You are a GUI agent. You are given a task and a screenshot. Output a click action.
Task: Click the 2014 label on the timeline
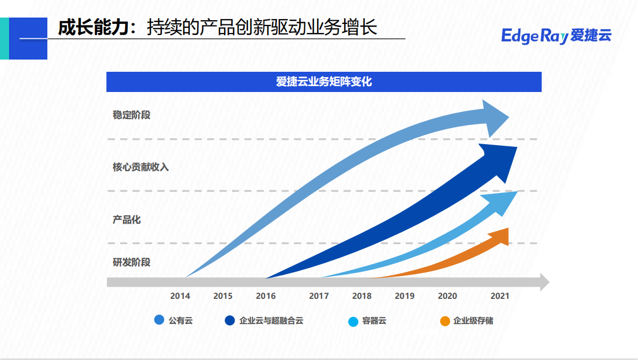pyautogui.click(x=180, y=296)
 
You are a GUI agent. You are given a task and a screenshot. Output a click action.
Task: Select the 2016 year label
pyautogui.click(x=266, y=296)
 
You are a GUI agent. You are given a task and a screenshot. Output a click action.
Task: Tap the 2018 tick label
pyautogui.click(x=362, y=296)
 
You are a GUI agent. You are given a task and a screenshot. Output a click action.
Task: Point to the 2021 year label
pyautogui.click(x=500, y=296)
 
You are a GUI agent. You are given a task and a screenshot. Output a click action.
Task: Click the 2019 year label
pyautogui.click(x=404, y=296)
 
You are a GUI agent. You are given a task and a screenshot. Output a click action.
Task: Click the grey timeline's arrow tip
pyautogui.click(x=544, y=282)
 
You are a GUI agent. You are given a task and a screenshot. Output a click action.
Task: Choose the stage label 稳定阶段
pyautogui.click(x=131, y=115)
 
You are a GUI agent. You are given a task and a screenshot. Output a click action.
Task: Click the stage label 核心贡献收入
pyautogui.click(x=140, y=167)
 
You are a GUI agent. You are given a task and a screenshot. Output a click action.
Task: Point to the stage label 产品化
pyautogui.click(x=127, y=220)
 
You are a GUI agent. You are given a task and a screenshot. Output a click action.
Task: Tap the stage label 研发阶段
pyautogui.click(x=131, y=262)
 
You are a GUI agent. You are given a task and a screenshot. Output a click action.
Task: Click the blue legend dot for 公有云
pyautogui.click(x=159, y=321)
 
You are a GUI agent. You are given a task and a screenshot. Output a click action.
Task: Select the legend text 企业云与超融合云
pyautogui.click(x=271, y=321)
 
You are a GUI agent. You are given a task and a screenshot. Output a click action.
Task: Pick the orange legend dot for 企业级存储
pyautogui.click(x=445, y=321)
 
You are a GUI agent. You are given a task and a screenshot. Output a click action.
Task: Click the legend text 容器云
pyautogui.click(x=374, y=321)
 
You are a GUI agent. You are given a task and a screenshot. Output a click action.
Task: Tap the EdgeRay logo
pyautogui.click(x=556, y=36)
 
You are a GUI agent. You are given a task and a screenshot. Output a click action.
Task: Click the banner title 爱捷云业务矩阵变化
pyautogui.click(x=324, y=82)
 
